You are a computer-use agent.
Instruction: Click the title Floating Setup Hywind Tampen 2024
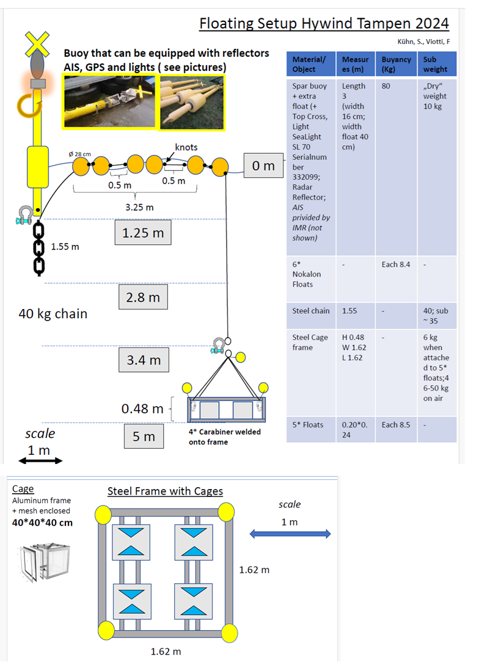point(324,23)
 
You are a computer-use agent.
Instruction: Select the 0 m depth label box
point(263,165)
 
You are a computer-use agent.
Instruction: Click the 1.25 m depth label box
point(143,233)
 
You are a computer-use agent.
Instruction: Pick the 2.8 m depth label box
point(143,297)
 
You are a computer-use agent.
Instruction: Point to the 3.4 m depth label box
point(143,360)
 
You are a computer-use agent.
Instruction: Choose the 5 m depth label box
point(144,437)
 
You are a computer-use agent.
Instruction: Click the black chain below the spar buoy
point(38,247)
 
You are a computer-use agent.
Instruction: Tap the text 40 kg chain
point(53,314)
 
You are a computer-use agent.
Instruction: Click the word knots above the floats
point(186,147)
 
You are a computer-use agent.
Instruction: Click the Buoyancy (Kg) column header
point(396,64)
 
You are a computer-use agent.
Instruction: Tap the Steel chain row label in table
point(310,311)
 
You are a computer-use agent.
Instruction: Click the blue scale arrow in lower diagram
point(290,534)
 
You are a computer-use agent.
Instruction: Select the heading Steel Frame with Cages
point(165,491)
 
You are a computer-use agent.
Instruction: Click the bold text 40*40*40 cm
point(42,523)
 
